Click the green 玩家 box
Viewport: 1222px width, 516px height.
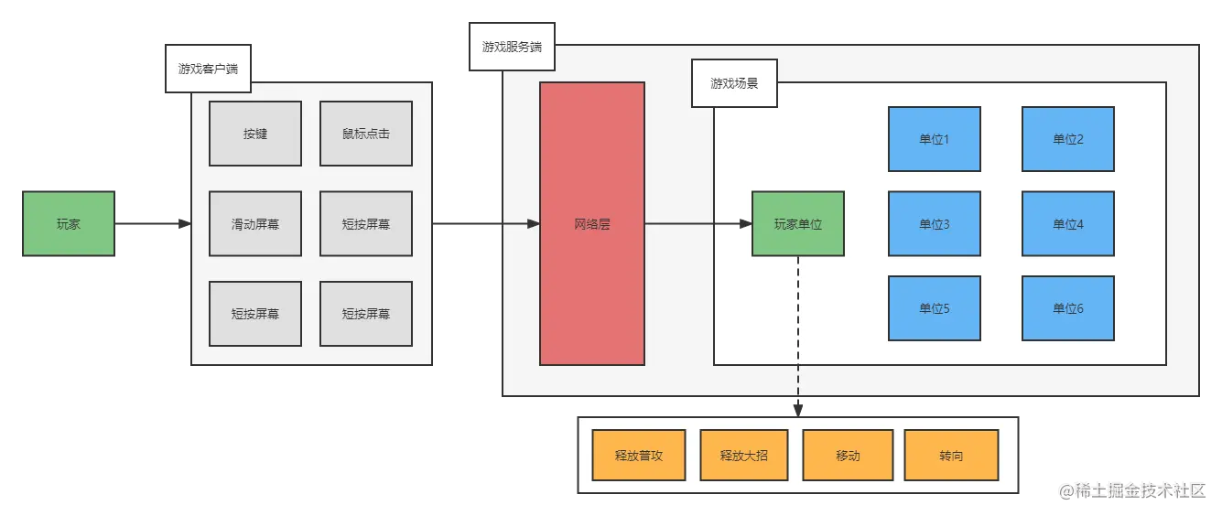[69, 223]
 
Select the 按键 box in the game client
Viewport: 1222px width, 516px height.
[255, 134]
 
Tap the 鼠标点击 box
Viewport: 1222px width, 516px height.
[365, 134]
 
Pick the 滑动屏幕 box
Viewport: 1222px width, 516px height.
[255, 223]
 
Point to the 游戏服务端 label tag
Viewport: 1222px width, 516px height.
[512, 46]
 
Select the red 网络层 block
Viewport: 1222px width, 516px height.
[592, 223]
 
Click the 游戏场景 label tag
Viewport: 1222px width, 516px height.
[734, 83]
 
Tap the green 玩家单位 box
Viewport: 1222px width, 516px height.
[797, 223]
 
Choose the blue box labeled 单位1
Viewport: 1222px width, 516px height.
[934, 139]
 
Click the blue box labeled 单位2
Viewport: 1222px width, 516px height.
[1067, 139]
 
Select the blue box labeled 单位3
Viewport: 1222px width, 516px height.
[934, 223]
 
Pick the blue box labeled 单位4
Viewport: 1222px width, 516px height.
[1067, 223]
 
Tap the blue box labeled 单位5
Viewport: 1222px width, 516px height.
[934, 308]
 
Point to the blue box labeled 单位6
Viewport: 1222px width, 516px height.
[1067, 308]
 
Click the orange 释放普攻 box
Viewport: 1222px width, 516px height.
[638, 456]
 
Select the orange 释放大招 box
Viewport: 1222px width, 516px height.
[743, 456]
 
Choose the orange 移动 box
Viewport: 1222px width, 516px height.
[848, 456]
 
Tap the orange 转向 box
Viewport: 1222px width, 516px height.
[951, 456]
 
